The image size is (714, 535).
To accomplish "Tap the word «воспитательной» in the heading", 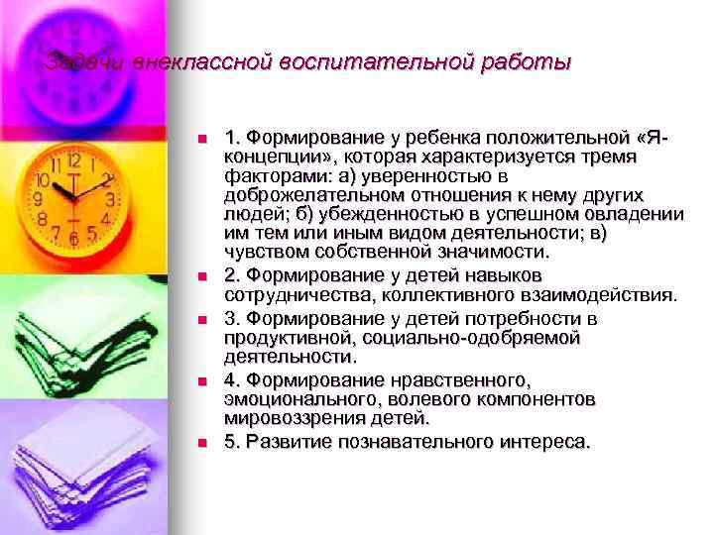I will pos(375,63).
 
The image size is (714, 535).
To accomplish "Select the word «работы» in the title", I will pos(533,63).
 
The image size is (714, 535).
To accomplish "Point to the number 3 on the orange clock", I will pos(110,199).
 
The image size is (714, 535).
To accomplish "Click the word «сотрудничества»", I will pos(289,294).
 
